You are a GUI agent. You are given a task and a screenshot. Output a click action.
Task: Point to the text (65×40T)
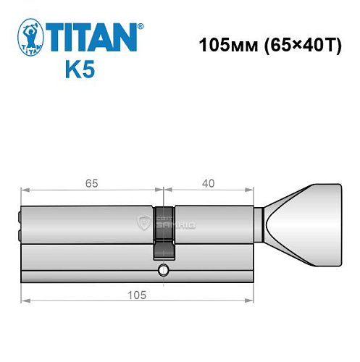[301, 45]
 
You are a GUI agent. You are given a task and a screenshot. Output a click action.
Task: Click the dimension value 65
[91, 182]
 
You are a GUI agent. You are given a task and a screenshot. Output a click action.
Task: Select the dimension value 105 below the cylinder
[138, 295]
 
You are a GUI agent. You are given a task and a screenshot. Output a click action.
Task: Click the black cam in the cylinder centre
[164, 232]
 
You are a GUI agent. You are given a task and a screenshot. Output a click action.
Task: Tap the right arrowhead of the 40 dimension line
[254, 191]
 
